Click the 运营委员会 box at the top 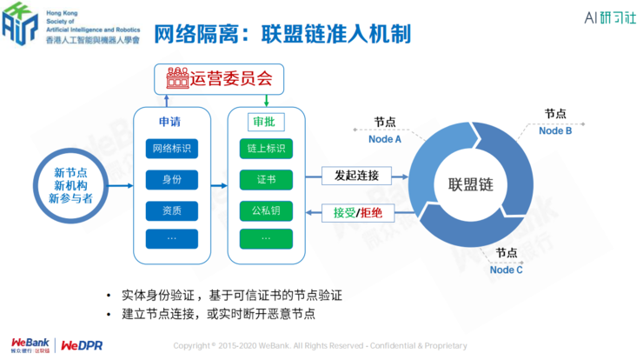pyautogui.click(x=218, y=79)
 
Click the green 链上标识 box pyautogui.click(x=265, y=149)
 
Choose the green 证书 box pyautogui.click(x=265, y=180)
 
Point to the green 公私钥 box pyautogui.click(x=265, y=210)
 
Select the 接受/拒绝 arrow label pyautogui.click(x=358, y=211)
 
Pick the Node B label pyautogui.click(x=555, y=130)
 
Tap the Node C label pyautogui.click(x=507, y=270)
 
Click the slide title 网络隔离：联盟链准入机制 pyautogui.click(x=282, y=34)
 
